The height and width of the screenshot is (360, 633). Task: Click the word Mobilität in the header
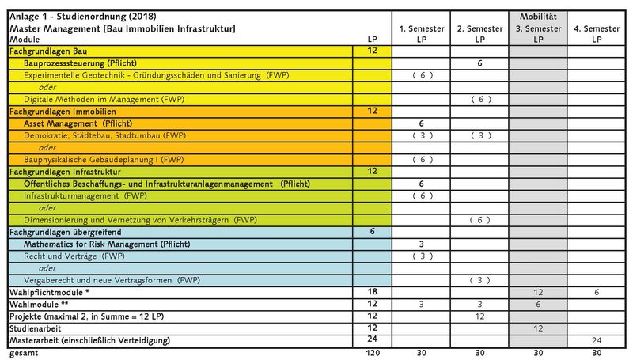538,17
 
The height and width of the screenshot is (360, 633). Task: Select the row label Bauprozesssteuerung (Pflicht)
80,63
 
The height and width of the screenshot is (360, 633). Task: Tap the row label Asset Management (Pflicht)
78,123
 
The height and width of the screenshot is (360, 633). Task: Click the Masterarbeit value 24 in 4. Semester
597,341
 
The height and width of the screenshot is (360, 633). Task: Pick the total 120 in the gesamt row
373,353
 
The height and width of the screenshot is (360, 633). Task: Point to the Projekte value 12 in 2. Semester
479,316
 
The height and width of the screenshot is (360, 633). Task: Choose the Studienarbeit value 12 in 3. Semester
538,328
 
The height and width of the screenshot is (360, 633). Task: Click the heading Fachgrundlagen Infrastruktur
65,172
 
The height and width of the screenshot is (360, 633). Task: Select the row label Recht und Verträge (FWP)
74,256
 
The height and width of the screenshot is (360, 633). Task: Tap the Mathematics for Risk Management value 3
421,244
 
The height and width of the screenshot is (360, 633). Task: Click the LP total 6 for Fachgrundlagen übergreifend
372,231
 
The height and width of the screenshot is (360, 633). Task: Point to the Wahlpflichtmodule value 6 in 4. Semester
597,292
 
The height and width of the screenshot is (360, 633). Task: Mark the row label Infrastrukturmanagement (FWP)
85,196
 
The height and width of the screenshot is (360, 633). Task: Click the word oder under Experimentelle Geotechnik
47,87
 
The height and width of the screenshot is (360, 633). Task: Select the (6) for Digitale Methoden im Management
480,99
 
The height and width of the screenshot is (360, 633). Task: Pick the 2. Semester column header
479,34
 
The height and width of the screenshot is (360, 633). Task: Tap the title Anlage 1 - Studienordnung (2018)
83,17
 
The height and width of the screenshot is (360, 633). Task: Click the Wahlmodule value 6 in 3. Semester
538,305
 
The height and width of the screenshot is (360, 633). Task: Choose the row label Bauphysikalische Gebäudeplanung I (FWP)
104,160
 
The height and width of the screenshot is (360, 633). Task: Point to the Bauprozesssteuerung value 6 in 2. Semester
479,63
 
